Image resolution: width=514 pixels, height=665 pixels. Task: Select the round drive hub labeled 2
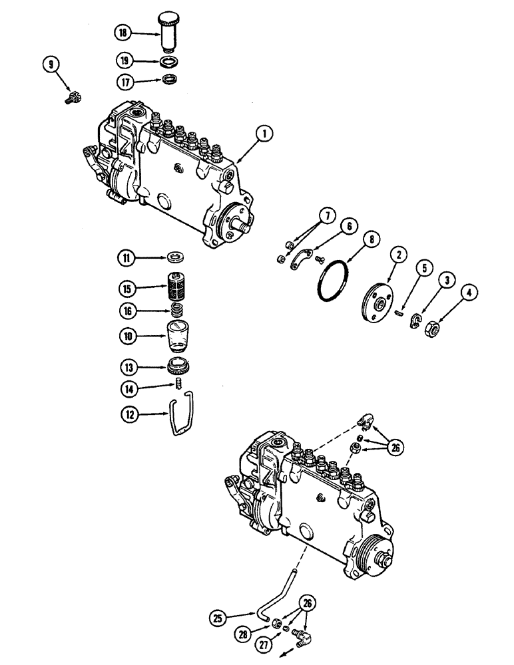coord(377,305)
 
